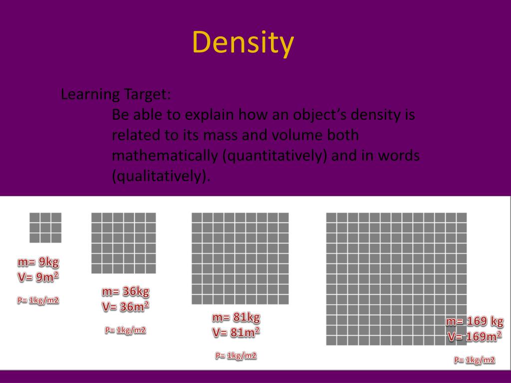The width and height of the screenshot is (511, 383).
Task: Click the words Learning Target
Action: (116, 94)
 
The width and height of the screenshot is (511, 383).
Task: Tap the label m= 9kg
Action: (41, 262)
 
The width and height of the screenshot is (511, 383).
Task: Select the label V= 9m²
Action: (41, 277)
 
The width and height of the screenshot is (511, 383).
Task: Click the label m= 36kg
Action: (125, 291)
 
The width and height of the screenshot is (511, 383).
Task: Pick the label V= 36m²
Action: (125, 306)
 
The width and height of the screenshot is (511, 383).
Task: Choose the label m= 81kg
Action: (236, 317)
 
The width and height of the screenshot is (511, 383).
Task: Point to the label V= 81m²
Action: (236, 332)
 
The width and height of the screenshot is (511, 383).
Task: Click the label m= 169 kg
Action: (475, 321)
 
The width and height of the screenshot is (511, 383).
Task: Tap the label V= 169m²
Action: (475, 337)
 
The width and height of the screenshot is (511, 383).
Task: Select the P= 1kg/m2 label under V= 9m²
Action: (38, 300)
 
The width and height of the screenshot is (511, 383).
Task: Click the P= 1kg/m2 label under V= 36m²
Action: (125, 330)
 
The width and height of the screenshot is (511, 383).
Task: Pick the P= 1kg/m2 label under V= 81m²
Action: (236, 356)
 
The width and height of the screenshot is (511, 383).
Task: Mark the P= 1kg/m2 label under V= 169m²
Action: (475, 360)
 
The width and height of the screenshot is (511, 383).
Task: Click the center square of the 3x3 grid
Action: (45, 227)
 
